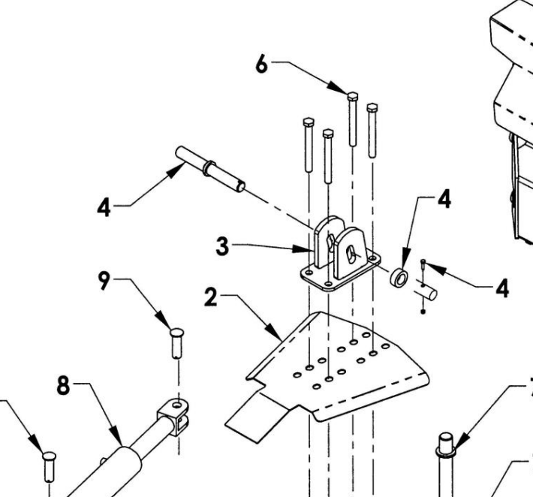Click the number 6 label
[260, 65]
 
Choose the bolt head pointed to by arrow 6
[352, 95]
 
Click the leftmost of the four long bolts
[308, 146]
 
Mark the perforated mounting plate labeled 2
[338, 368]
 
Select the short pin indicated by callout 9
[178, 342]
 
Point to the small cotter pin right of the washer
[424, 266]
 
